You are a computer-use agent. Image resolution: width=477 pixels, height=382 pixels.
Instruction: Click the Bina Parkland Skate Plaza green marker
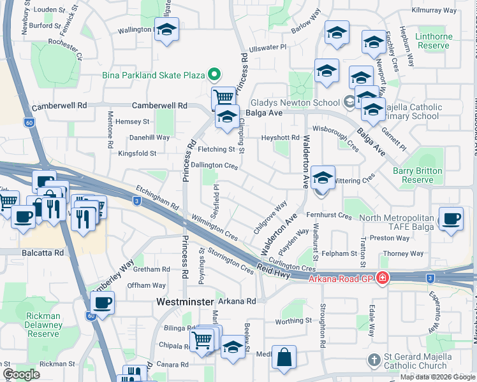(x=215, y=75)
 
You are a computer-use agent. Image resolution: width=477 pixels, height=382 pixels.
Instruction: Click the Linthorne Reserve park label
(x=434, y=41)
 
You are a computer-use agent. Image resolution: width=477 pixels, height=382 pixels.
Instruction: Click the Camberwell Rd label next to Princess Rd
(x=159, y=105)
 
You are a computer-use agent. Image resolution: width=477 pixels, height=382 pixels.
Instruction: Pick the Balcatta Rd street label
(x=41, y=253)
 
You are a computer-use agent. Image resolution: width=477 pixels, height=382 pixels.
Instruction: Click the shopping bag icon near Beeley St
(x=283, y=357)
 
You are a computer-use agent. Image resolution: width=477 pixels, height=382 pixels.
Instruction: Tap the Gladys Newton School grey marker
(x=349, y=103)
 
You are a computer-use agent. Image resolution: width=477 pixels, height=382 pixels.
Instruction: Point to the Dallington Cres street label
(x=214, y=166)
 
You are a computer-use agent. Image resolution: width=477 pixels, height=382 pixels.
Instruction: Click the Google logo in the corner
(x=22, y=374)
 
